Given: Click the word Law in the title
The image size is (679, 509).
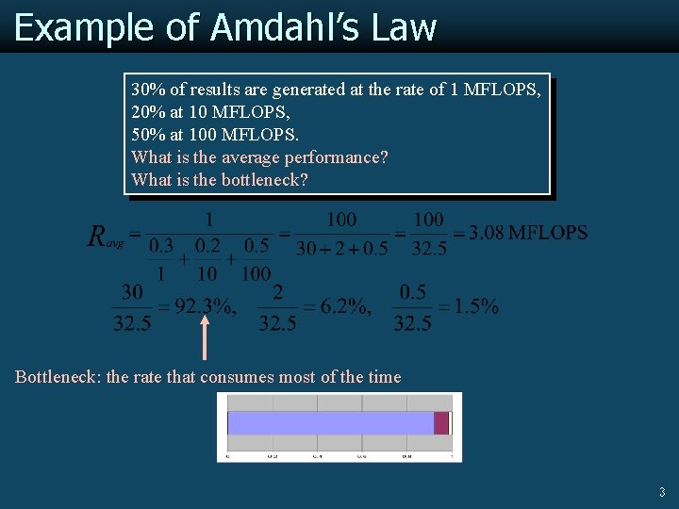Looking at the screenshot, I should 404,27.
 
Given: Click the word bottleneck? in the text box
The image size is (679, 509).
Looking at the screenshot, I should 264,180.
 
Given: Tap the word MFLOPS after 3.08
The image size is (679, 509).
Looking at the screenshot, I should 548,233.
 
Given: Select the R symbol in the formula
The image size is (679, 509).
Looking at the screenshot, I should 97,236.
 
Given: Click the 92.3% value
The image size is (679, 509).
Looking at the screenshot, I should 205,306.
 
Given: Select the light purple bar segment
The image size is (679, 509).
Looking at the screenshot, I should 330,422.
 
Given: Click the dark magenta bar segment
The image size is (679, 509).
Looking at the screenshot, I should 440,422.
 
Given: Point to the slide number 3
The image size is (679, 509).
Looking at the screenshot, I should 661,492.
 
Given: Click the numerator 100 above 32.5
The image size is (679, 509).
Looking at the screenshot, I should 429,220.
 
